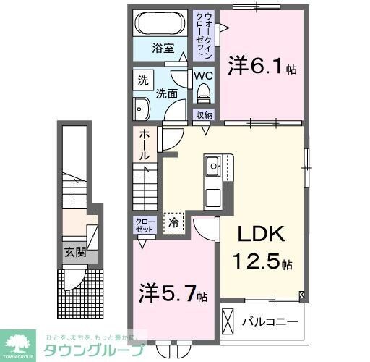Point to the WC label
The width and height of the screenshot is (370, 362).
coord(202,75)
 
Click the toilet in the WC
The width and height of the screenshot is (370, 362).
coord(202,93)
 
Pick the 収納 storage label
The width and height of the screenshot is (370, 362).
coord(204,115)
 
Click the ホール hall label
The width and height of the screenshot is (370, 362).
coord(145,145)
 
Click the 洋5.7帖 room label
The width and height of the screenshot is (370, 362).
coord(173,295)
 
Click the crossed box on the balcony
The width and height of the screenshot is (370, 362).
coord(229,319)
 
